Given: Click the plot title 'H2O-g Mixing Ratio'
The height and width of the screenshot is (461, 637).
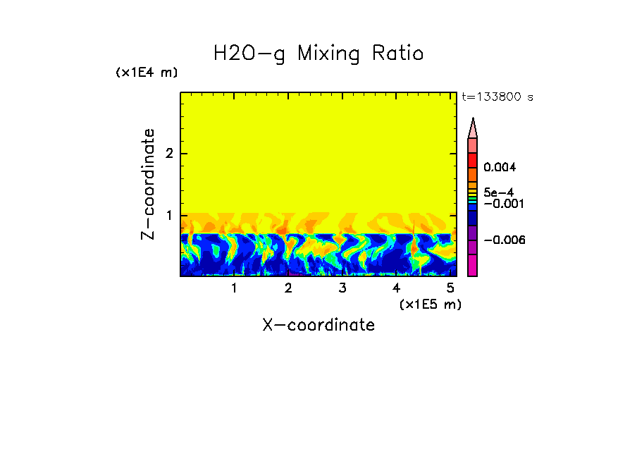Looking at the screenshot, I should (318, 54).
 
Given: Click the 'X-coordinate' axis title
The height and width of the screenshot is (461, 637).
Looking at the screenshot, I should (318, 325).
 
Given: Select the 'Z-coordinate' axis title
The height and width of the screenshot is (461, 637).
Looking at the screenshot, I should (148, 184).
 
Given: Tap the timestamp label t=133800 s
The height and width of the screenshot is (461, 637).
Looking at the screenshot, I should (497, 97).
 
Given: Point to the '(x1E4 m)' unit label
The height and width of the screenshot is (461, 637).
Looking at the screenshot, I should (147, 73).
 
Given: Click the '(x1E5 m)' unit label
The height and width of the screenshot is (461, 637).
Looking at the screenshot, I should (431, 304).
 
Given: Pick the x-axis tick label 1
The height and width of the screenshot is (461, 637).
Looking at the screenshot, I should (234, 288).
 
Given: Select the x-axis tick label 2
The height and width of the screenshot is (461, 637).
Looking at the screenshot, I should (288, 288).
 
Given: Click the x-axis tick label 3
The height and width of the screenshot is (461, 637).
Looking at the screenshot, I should (342, 288).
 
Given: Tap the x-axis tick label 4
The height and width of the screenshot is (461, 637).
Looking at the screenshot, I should (396, 288).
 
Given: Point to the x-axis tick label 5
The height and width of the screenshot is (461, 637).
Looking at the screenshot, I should (450, 288).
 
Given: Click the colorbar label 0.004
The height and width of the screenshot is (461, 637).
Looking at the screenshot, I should (500, 168).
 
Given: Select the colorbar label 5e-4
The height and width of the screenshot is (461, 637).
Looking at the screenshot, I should (498, 192).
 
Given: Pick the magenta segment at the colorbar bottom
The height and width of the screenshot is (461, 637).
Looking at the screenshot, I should (473, 265).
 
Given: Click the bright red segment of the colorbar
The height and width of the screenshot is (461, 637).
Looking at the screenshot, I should (473, 160).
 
